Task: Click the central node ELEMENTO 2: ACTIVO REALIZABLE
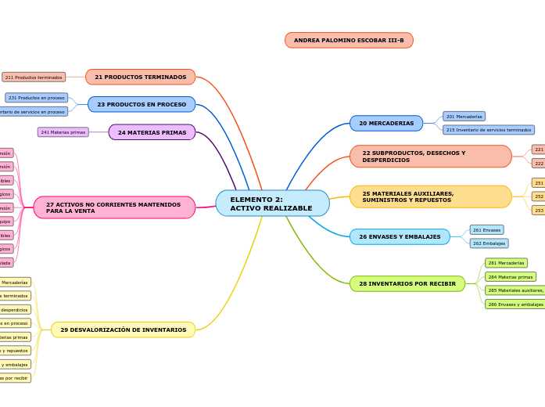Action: coord(272,203)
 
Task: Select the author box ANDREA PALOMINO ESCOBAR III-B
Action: coord(349,40)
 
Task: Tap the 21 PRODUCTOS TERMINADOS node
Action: coord(141,77)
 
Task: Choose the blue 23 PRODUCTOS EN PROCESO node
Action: coord(142,104)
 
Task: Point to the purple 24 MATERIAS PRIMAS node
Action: coord(152,132)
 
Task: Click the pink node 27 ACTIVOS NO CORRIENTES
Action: coord(114,207)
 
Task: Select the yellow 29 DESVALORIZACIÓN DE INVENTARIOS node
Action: coord(123,330)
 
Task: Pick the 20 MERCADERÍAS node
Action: coord(386,123)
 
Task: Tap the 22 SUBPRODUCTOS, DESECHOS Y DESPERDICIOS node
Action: coord(430,157)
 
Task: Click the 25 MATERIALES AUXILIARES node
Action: coord(430,196)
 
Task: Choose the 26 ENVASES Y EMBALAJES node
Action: coord(400,236)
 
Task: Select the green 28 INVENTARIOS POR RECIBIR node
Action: coord(407,283)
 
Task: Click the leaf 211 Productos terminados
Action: coord(34,77)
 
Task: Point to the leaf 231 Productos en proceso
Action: coord(37,98)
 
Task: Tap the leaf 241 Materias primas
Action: coord(63,132)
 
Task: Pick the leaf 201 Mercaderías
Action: coord(464,117)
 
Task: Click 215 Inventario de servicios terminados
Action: coord(489,130)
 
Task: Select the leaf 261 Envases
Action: coord(486,230)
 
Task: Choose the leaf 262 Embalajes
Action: coord(489,243)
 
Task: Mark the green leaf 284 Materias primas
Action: coord(511,276)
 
